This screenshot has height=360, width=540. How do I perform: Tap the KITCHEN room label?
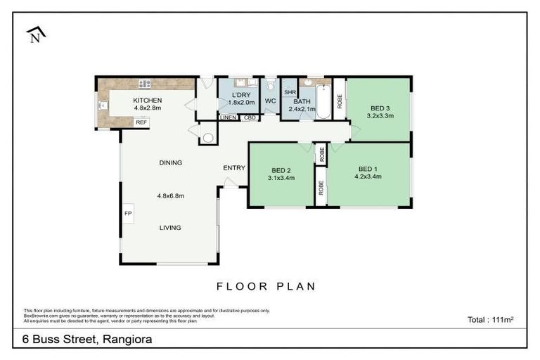(148, 101)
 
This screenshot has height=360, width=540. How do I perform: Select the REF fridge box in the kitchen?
(141, 122)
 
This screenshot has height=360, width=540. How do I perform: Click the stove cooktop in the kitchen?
(145, 84)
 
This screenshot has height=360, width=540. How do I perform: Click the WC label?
(270, 101)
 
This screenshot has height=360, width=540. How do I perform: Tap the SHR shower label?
(289, 92)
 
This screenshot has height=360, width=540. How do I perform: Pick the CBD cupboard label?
(249, 117)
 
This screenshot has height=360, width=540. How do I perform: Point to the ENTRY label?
(234, 168)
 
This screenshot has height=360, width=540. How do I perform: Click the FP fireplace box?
(128, 212)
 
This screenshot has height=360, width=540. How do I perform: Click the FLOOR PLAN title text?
(266, 286)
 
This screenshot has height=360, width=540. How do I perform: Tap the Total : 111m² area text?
(490, 320)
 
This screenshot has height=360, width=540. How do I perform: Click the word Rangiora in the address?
(127, 339)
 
